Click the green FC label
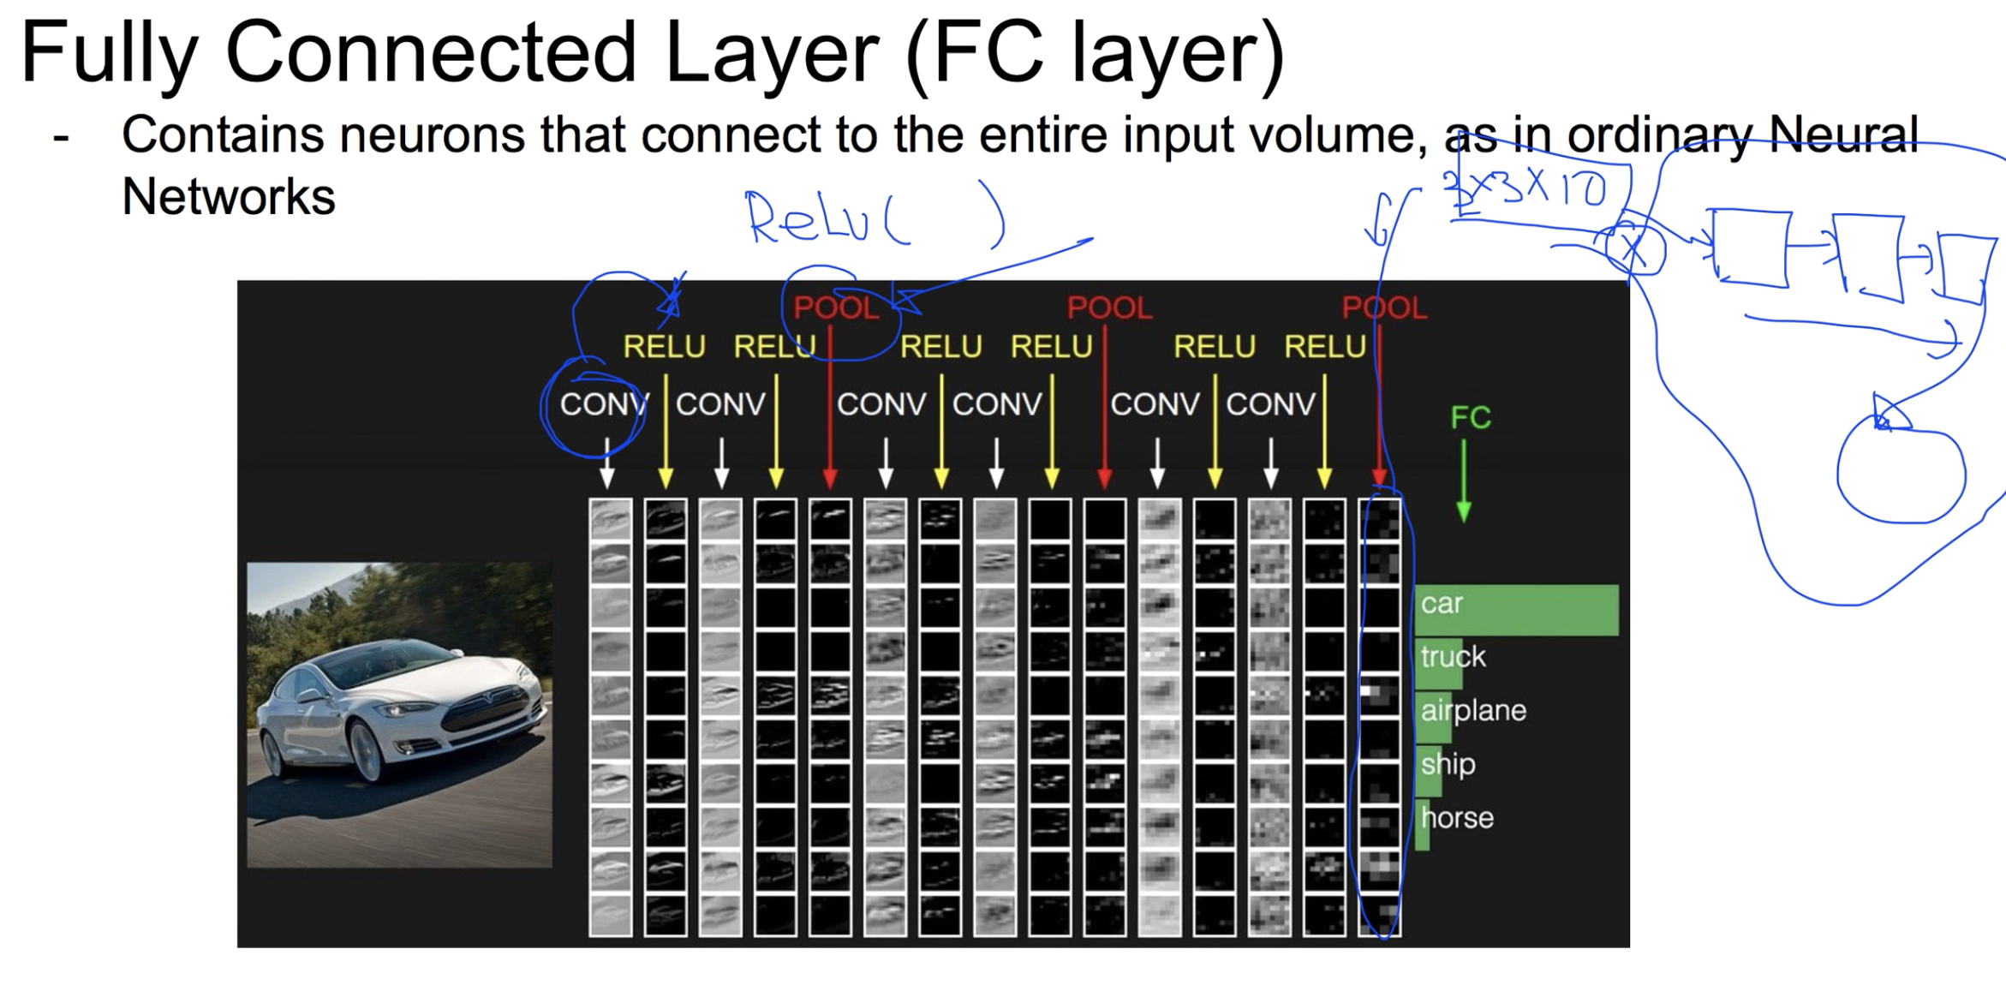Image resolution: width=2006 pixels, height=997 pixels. [1470, 418]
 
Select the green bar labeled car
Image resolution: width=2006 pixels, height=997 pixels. [1516, 610]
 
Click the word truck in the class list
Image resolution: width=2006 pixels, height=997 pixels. [1453, 657]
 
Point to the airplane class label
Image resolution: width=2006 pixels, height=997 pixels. [1473, 710]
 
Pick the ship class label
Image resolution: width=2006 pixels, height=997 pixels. [1448, 763]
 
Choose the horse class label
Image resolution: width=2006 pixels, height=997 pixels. [1457, 817]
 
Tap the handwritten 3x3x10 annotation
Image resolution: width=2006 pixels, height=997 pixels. [1525, 188]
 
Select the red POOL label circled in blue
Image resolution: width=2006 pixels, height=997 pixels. [836, 308]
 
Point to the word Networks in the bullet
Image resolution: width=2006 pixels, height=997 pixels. [228, 197]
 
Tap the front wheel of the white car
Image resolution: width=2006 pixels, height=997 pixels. [367, 752]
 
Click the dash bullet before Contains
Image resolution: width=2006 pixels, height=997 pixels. [60, 137]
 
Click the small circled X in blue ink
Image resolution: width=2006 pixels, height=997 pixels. [1634, 250]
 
